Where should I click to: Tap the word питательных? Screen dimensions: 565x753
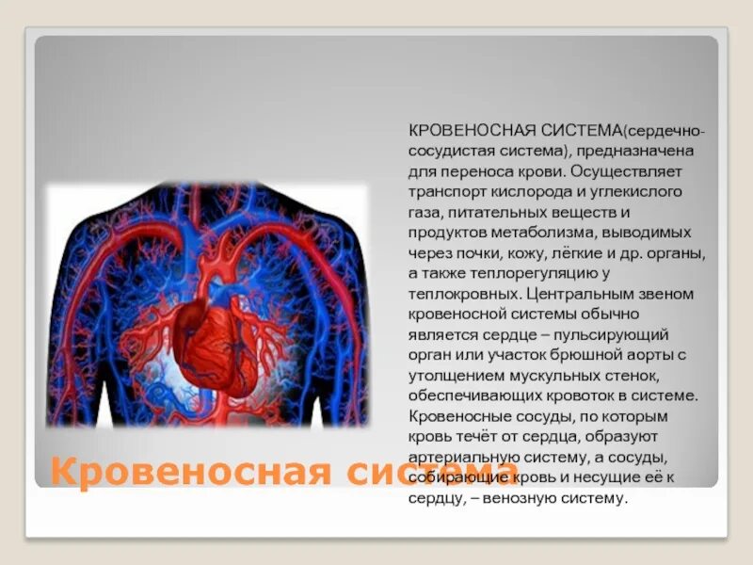coord(496,213)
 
